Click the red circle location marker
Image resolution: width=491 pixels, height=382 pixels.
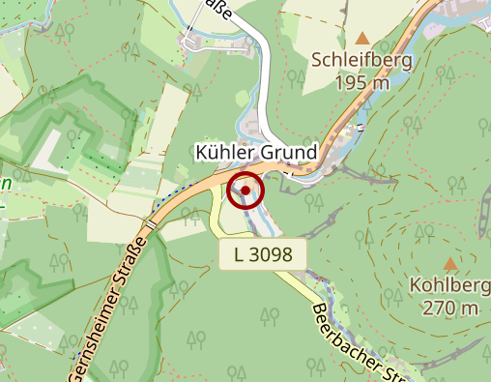pyautogui.click(x=245, y=191)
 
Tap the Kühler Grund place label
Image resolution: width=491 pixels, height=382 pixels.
pyautogui.click(x=256, y=153)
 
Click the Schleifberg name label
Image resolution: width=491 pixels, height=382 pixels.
pyautogui.click(x=362, y=61)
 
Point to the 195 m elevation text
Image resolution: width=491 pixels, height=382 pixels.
pyautogui.click(x=362, y=83)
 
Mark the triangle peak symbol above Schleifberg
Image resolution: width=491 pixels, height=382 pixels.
pyautogui.click(x=362, y=39)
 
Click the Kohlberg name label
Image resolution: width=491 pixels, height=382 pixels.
pyautogui.click(x=449, y=286)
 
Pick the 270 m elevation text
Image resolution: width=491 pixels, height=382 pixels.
pyautogui.click(x=449, y=309)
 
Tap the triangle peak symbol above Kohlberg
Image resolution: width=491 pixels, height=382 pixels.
pyautogui.click(x=449, y=263)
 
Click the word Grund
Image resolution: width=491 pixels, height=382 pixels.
pyautogui.click(x=287, y=153)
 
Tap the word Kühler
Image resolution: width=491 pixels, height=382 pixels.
pyautogui.click(x=224, y=153)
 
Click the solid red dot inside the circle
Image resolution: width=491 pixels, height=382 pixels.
pyautogui.click(x=245, y=191)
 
